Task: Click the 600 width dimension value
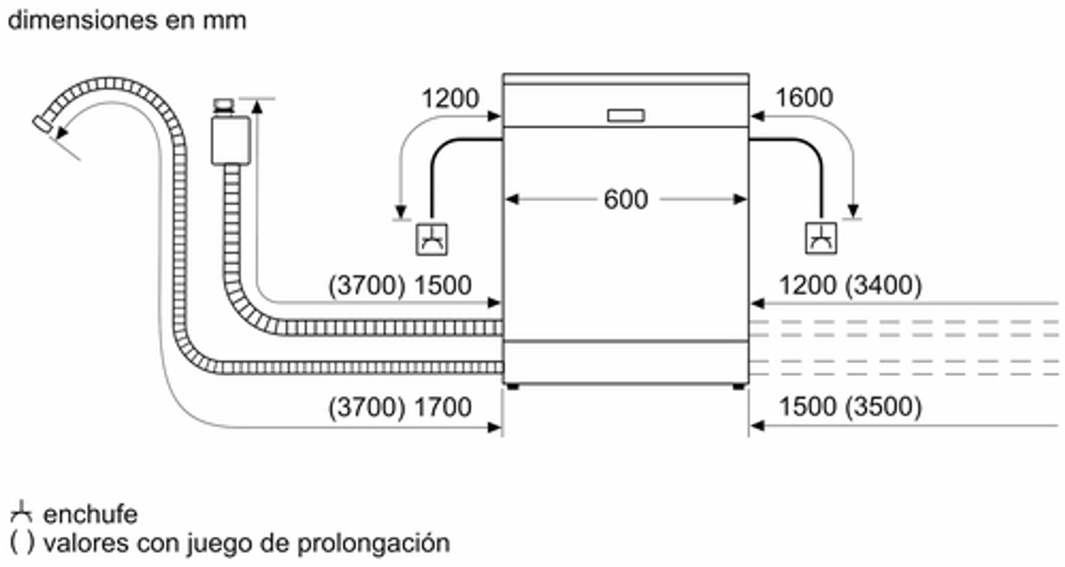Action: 625,199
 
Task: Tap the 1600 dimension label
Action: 804,98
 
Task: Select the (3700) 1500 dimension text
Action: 399,285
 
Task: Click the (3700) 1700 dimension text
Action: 399,407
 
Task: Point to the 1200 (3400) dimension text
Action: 850,285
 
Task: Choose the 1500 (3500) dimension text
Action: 850,406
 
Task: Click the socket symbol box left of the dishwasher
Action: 431,240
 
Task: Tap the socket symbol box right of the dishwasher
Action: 821,239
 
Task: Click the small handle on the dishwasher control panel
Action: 626,115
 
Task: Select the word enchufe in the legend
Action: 90,514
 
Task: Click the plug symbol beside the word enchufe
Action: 21,512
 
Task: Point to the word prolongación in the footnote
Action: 373,543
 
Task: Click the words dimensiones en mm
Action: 127,21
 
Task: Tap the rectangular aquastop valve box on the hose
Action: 231,140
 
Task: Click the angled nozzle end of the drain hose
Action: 42,124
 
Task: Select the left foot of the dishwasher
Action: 512,387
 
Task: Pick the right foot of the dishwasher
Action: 739,387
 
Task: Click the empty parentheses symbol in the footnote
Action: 22,543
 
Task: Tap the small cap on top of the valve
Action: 224,105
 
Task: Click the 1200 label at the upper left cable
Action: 450,99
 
